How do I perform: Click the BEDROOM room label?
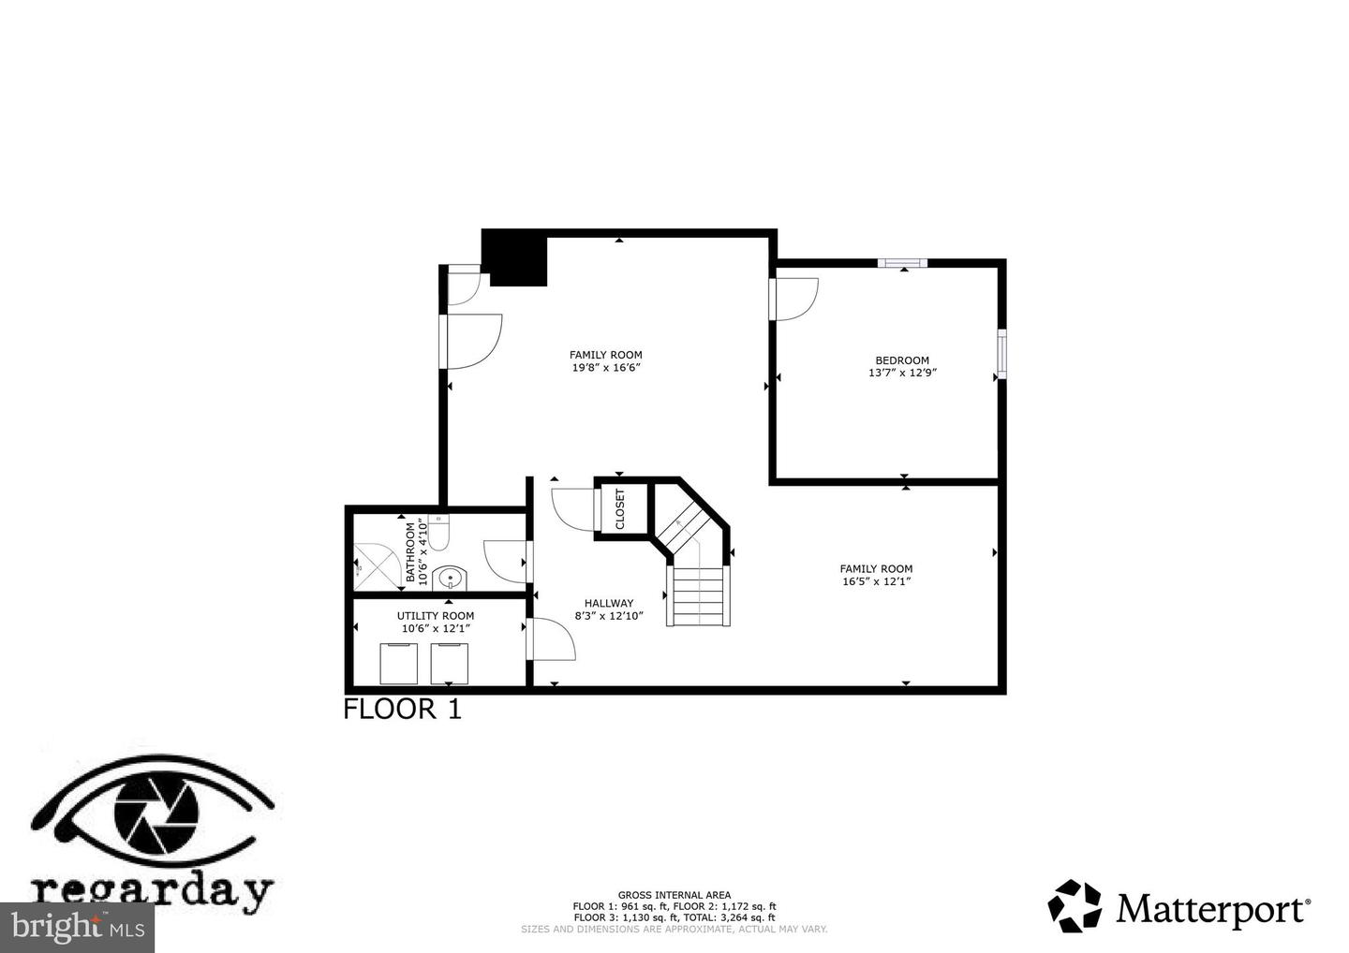(902, 360)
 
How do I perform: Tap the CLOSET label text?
(620, 509)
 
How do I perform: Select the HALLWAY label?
(609, 603)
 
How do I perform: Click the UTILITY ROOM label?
(436, 615)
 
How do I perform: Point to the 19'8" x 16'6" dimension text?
(606, 367)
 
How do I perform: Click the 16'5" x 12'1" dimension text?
(876, 581)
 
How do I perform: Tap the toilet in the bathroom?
(437, 533)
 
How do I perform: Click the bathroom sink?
(450, 579)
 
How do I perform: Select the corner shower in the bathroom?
(378, 566)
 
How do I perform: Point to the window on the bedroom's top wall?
(902, 263)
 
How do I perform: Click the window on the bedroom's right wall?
(1002, 354)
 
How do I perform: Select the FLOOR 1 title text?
(402, 709)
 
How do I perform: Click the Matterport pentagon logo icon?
(1075, 906)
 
